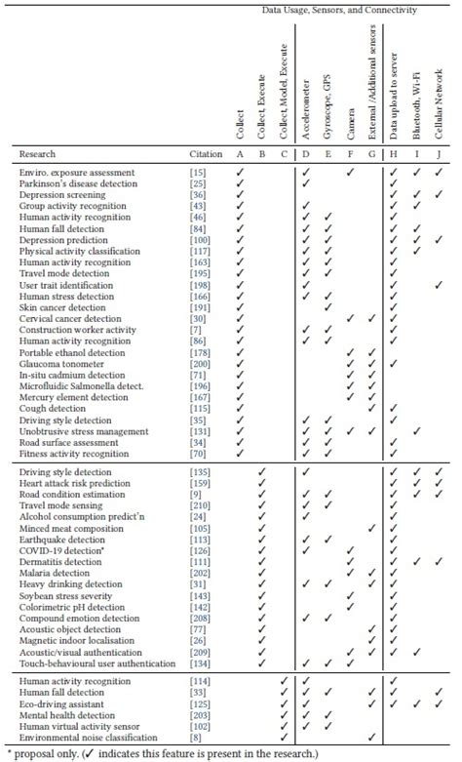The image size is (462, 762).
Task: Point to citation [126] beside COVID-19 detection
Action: [x=198, y=549]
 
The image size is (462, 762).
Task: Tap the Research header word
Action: [x=37, y=153]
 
